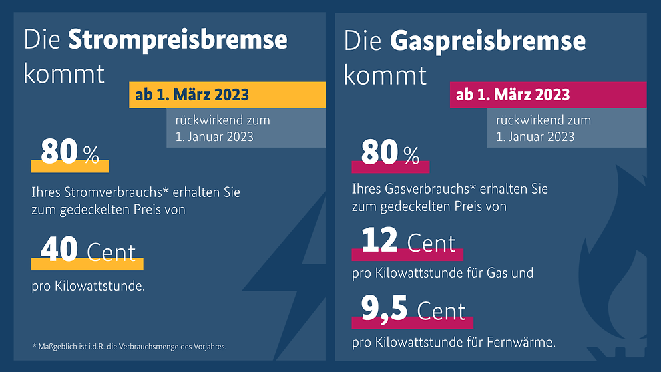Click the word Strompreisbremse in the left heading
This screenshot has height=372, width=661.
pyautogui.click(x=178, y=40)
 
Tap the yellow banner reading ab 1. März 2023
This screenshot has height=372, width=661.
pyautogui.click(x=192, y=95)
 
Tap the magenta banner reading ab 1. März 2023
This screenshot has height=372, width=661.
pyautogui.click(x=513, y=95)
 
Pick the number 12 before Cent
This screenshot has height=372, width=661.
pyautogui.click(x=380, y=240)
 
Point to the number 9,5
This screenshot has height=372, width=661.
pyautogui.click(x=384, y=309)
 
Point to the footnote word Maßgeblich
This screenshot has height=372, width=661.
pyautogui.click(x=59, y=346)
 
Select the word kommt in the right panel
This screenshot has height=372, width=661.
pyautogui.click(x=385, y=74)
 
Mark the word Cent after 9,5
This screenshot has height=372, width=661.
pyautogui.click(x=441, y=311)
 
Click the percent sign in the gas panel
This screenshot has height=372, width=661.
pyautogui.click(x=411, y=156)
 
